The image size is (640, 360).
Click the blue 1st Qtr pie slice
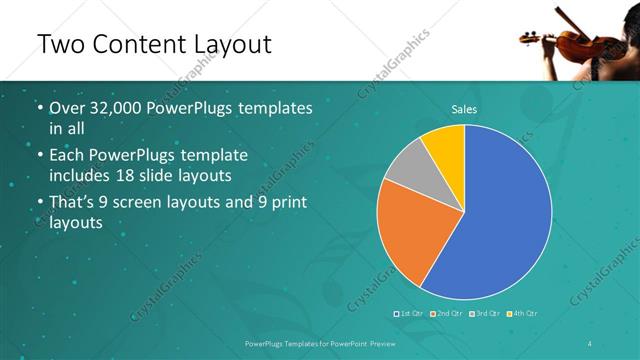[500, 215]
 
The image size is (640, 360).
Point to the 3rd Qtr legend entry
[485, 314]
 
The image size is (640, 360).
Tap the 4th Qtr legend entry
[523, 314]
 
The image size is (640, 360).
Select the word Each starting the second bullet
[67, 157]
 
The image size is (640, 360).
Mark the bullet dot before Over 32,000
[38, 108]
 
